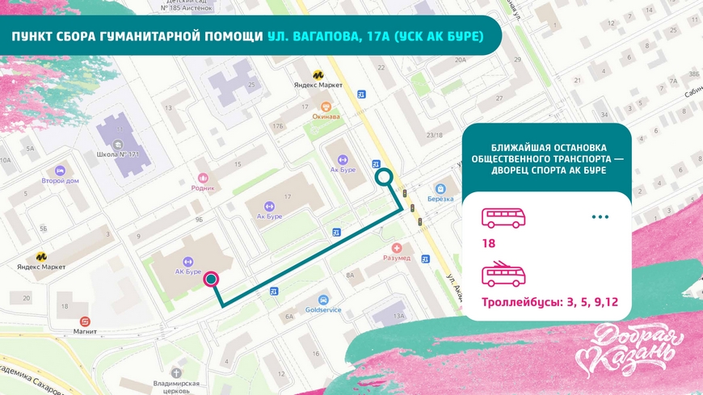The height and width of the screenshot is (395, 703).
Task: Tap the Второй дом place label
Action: (60, 181)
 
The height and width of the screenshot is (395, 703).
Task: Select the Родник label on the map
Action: (204, 187)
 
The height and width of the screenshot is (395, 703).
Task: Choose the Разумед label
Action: (396, 258)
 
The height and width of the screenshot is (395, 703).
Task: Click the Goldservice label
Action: (323, 309)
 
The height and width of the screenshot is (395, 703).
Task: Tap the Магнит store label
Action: (85, 330)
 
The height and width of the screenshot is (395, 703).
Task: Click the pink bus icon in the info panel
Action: (503, 217)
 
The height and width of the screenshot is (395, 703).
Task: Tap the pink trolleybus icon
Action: (503, 275)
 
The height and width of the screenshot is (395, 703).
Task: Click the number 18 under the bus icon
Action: (489, 243)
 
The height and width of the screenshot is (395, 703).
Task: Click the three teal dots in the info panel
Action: (600, 217)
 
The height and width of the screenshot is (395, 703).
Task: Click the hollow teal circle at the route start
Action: (385, 178)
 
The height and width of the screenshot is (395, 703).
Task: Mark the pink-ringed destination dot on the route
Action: (211, 279)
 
